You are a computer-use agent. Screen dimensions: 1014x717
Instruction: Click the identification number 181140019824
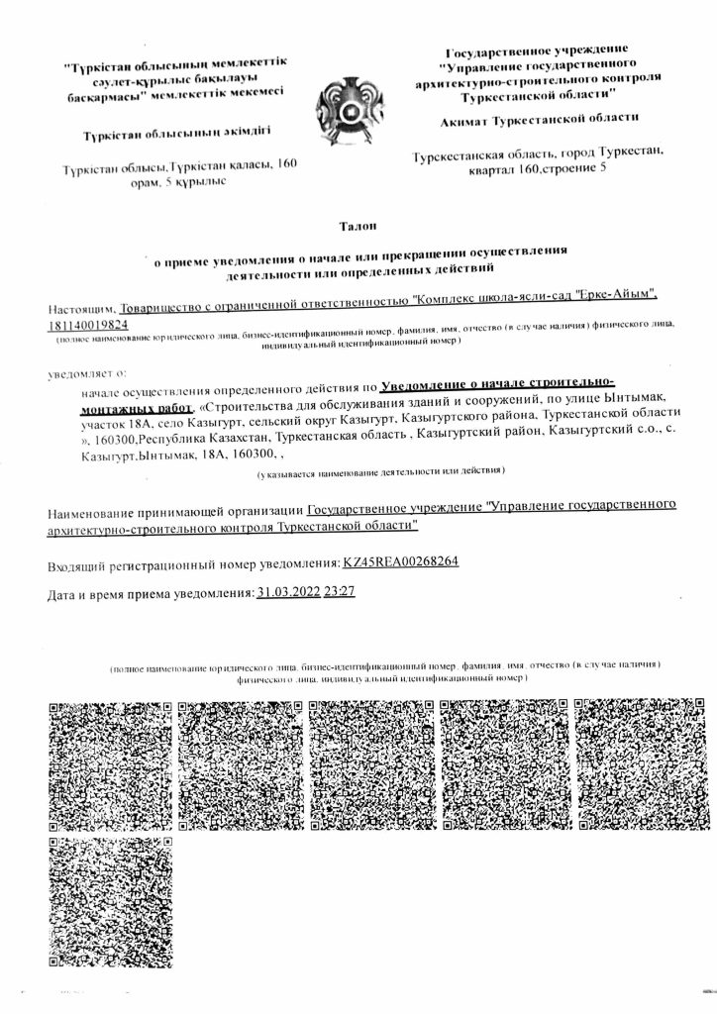(87, 324)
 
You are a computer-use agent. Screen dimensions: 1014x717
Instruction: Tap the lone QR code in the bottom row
(110, 900)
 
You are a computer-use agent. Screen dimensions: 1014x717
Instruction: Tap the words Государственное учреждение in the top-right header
(536, 51)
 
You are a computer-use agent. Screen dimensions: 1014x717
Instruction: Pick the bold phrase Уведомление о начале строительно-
(498, 382)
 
